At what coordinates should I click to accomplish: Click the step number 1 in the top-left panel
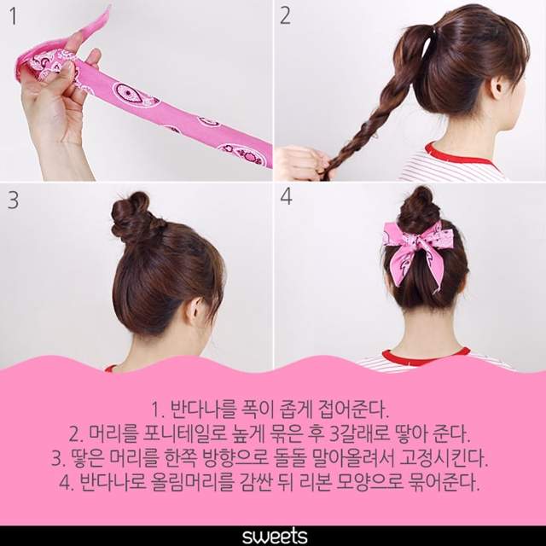point(14,17)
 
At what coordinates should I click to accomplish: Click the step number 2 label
point(285,16)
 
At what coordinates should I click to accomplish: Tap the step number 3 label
point(14,200)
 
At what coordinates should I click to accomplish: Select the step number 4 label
point(286,196)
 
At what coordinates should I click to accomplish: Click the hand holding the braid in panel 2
point(302,163)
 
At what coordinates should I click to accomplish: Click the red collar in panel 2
point(460,156)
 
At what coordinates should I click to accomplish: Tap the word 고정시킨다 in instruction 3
point(444,459)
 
